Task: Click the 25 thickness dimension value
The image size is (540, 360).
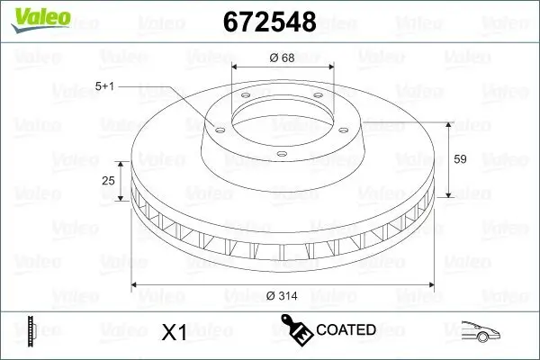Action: coord(109,181)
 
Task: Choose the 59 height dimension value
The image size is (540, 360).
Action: coord(459,158)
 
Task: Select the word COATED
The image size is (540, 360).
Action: coord(346,330)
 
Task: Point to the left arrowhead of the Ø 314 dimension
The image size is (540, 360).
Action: coord(136,285)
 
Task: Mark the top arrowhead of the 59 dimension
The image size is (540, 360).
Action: coord(447,122)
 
